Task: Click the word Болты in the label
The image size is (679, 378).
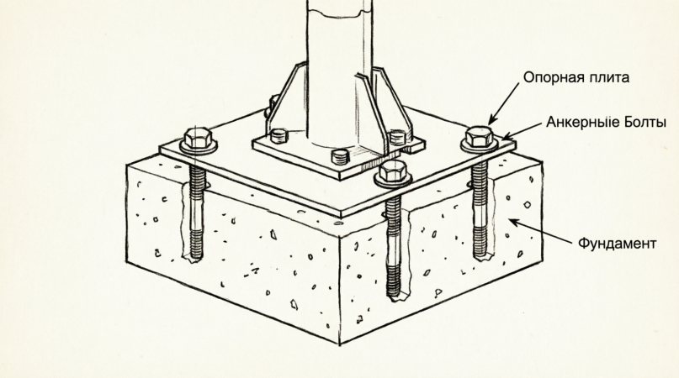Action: click(x=645, y=123)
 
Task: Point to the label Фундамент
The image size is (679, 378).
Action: click(x=617, y=243)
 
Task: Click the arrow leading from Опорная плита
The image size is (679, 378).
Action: click(x=504, y=103)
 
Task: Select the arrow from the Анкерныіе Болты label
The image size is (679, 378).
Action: click(x=523, y=130)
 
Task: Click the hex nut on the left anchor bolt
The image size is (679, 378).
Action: click(x=199, y=139)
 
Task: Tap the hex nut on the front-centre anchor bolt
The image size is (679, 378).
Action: click(x=393, y=171)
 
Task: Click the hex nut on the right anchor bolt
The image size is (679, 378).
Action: click(x=480, y=137)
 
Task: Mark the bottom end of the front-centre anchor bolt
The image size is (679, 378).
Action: click(x=393, y=297)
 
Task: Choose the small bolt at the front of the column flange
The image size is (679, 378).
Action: click(x=341, y=156)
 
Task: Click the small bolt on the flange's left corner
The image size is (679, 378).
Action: click(x=278, y=136)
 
